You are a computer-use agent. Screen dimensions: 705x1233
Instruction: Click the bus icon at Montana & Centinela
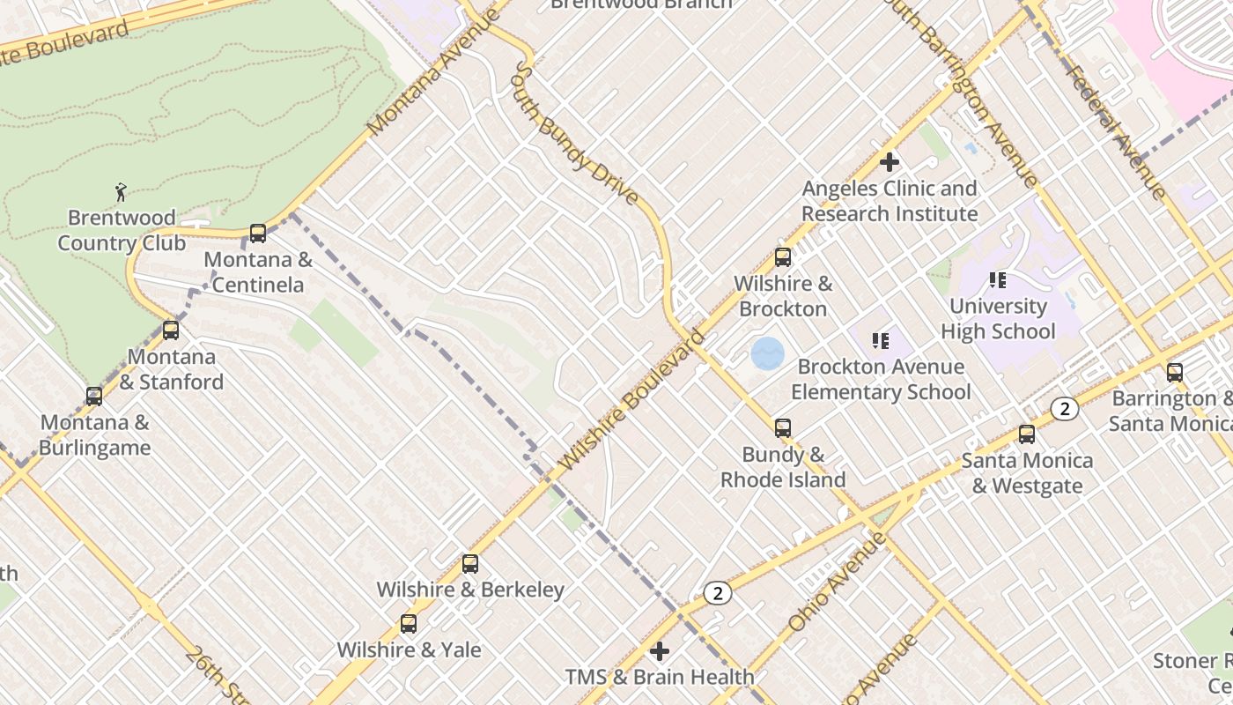pos(258,234)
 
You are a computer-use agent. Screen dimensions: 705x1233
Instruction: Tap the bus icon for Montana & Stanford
pos(171,330)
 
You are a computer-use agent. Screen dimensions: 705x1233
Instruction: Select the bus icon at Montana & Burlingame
pos(94,397)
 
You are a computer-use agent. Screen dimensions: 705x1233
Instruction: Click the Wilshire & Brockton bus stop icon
pos(783,257)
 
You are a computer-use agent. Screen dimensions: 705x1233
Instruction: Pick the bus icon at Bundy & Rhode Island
pos(783,428)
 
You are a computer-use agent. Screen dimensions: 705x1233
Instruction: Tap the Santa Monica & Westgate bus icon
pos(1027,434)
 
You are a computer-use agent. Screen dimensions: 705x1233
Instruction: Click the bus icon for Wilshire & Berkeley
pos(470,563)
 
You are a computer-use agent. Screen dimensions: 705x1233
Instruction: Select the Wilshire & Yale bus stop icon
pos(409,624)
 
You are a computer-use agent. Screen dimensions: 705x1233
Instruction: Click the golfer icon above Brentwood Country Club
pos(122,191)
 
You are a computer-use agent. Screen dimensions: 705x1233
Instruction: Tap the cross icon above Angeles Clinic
pos(890,162)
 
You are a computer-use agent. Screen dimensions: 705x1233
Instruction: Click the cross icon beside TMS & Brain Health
pos(660,651)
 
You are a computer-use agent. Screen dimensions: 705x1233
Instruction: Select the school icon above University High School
pos(998,280)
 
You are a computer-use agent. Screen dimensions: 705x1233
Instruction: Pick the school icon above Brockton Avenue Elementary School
pos(881,340)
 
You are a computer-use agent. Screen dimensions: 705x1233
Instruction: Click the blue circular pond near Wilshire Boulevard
pos(767,354)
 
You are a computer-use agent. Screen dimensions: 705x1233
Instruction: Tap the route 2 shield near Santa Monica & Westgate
pos(1065,408)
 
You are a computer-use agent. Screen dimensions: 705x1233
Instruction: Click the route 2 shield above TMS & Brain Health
pos(718,593)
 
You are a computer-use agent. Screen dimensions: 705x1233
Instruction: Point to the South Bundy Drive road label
pos(577,132)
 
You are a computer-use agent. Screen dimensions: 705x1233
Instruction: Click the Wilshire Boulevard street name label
pos(631,399)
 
